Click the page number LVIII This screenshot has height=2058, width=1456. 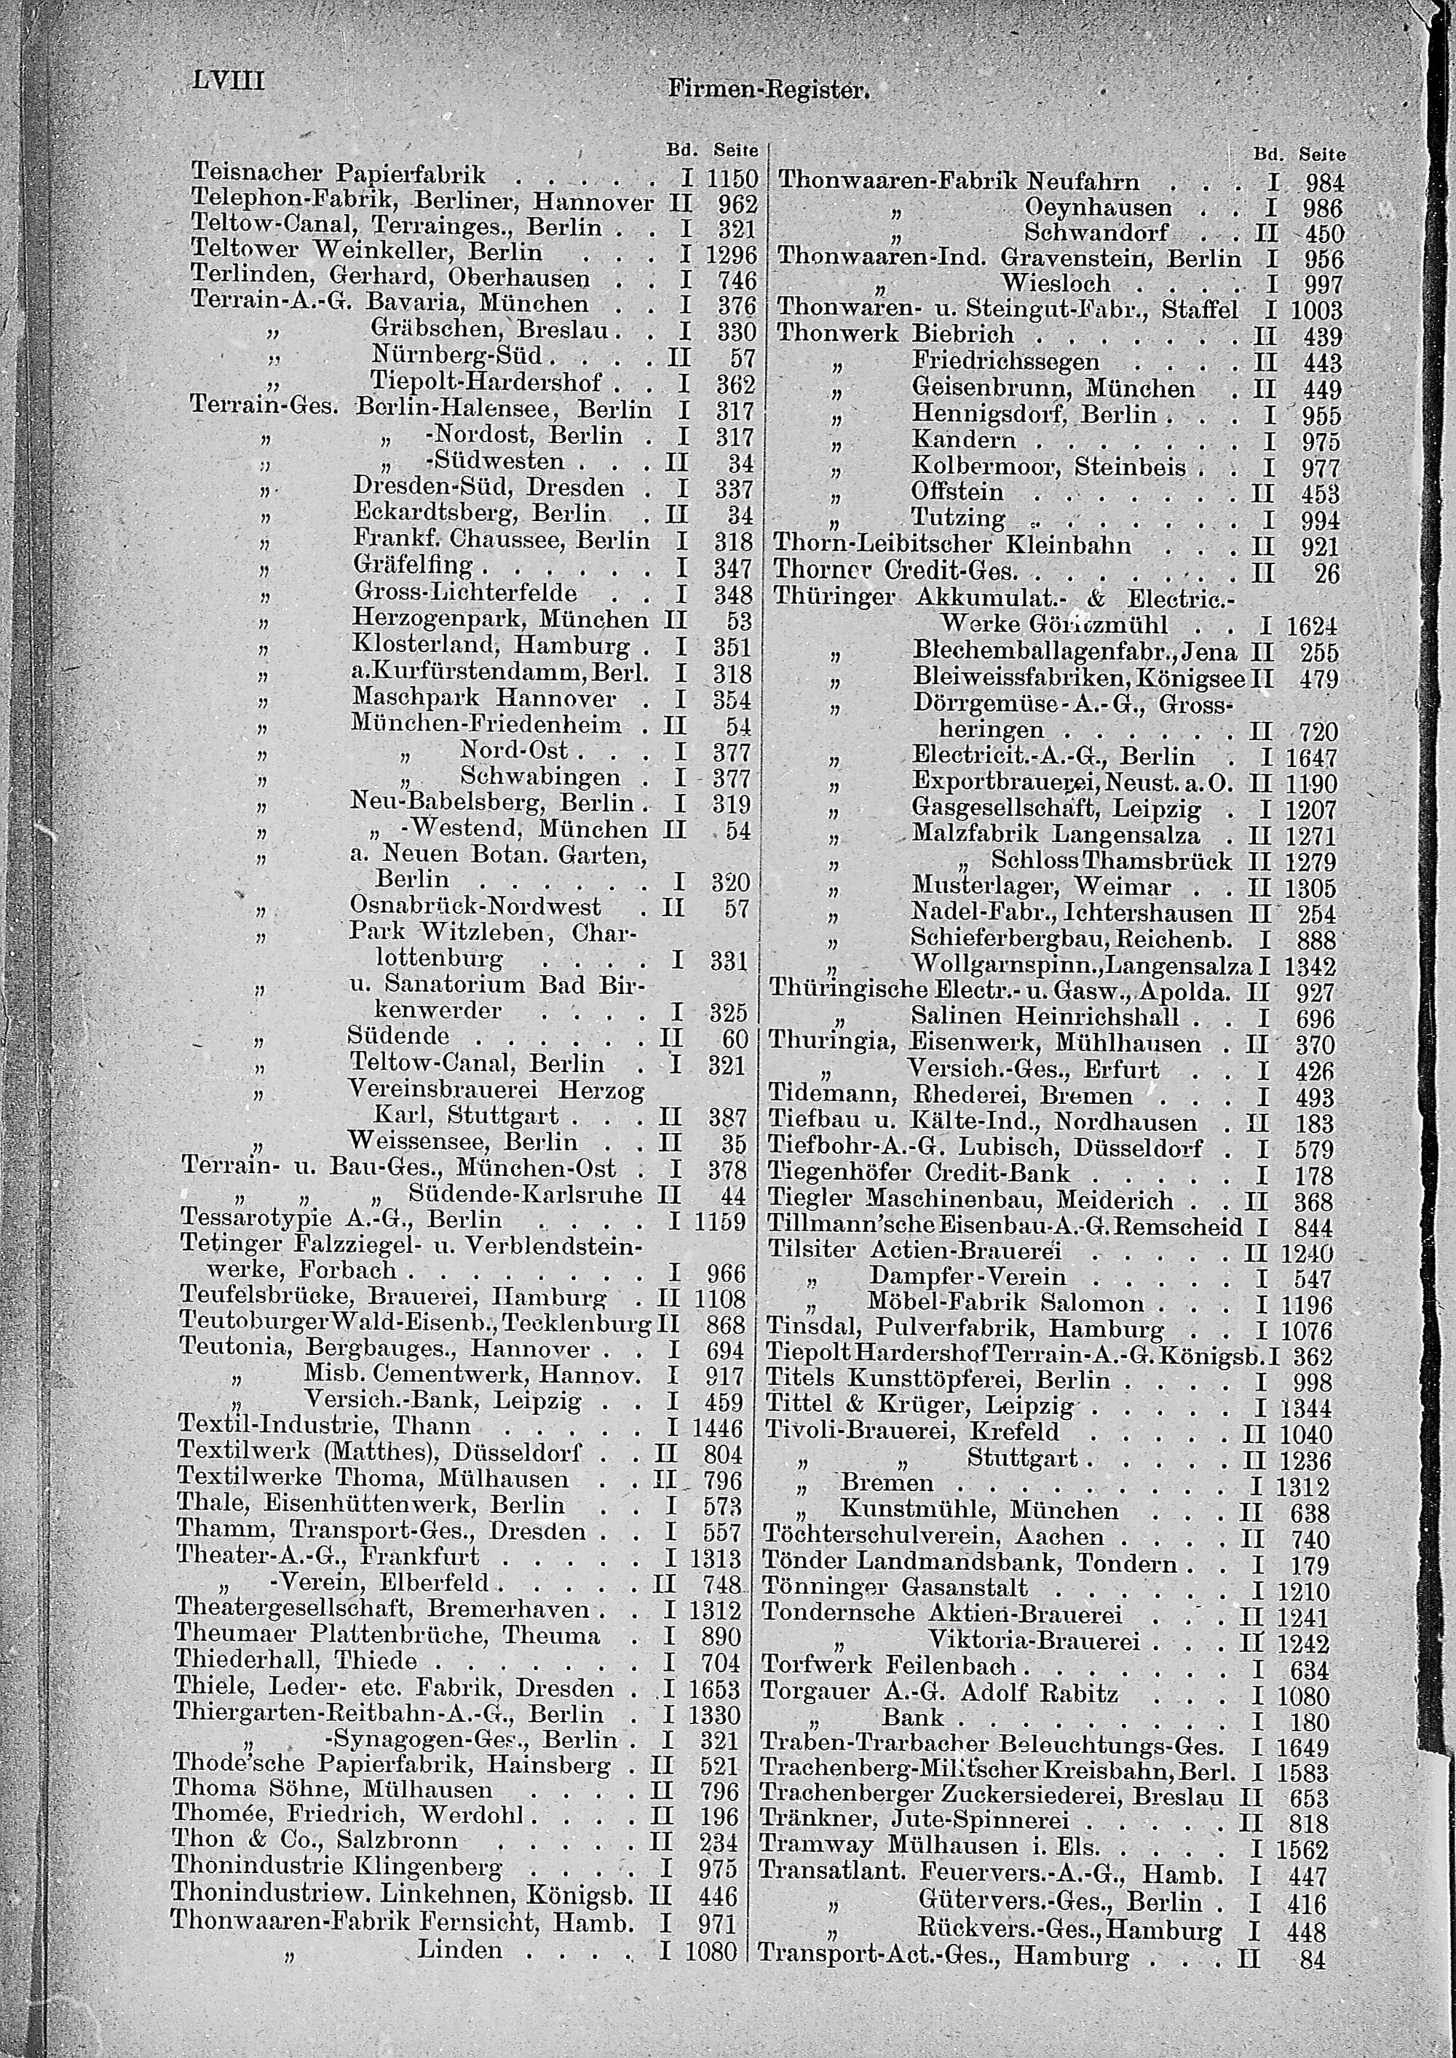point(229,81)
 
